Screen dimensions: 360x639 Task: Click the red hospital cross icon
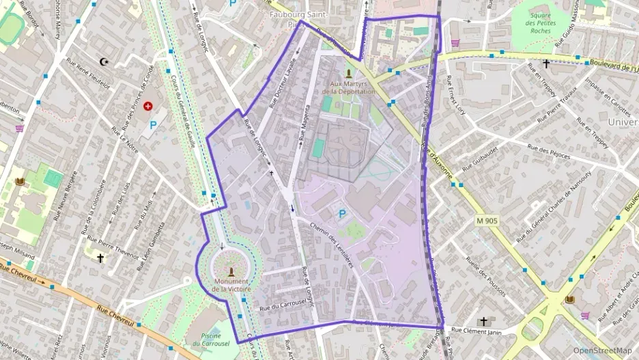[x=147, y=107]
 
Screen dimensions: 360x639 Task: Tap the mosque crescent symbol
[x=104, y=62]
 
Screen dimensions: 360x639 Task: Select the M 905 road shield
[x=488, y=220]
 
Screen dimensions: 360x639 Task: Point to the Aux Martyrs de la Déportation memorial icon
[x=349, y=74]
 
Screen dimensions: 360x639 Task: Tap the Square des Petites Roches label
[x=541, y=25]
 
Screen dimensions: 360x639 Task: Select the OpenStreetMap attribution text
[x=602, y=350]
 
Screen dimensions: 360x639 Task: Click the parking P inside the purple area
[x=342, y=214]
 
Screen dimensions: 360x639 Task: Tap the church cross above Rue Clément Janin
[x=483, y=321]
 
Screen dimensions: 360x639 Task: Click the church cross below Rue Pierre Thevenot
[x=100, y=258]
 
